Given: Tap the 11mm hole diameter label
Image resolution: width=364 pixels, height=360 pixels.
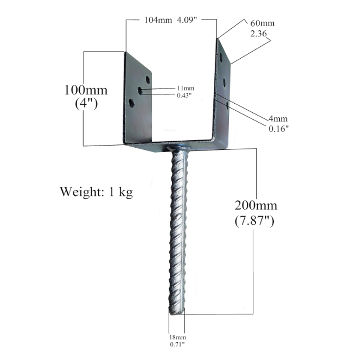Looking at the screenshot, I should pyautogui.click(x=185, y=88).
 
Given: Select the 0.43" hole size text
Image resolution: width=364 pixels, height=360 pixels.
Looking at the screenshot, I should pyautogui.click(x=185, y=95).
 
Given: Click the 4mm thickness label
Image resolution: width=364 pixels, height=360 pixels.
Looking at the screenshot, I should pyautogui.click(x=277, y=118).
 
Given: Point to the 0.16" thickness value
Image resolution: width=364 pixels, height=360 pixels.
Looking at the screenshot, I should pyautogui.click(x=279, y=129).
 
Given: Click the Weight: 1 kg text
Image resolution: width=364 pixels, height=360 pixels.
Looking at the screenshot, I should pyautogui.click(x=96, y=192).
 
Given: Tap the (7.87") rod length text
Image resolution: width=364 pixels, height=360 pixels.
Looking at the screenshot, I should pyautogui.click(x=256, y=220).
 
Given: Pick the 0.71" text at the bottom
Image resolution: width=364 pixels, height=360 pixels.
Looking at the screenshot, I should pyautogui.click(x=177, y=344).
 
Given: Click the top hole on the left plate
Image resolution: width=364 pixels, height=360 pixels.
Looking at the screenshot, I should pyautogui.click(x=148, y=80).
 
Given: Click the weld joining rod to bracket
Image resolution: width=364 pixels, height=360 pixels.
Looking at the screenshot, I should pyautogui.click(x=178, y=149).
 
